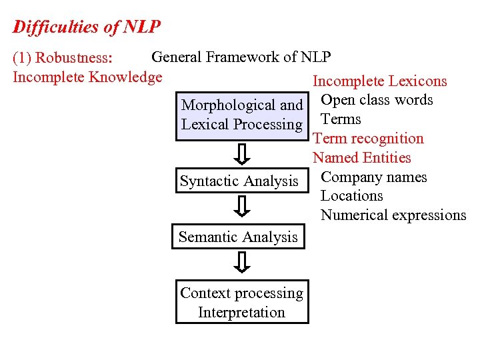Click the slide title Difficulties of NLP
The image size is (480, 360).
(x=87, y=27)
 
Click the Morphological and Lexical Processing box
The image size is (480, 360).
(x=242, y=115)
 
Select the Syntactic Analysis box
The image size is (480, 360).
(x=239, y=181)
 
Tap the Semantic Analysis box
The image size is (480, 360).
(x=238, y=237)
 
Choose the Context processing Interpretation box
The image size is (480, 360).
(x=242, y=303)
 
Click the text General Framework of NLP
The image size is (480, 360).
(x=241, y=57)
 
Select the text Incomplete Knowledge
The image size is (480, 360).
(x=87, y=77)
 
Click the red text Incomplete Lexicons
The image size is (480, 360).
(x=380, y=81)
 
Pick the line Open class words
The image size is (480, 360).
(x=377, y=100)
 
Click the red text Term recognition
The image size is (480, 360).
(x=368, y=139)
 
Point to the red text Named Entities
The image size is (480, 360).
(x=362, y=158)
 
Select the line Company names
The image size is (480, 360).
(x=373, y=177)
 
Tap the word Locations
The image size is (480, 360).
(x=351, y=196)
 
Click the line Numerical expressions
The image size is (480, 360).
(x=393, y=215)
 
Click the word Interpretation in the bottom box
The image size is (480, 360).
(x=241, y=312)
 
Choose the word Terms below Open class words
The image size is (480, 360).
(x=341, y=119)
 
